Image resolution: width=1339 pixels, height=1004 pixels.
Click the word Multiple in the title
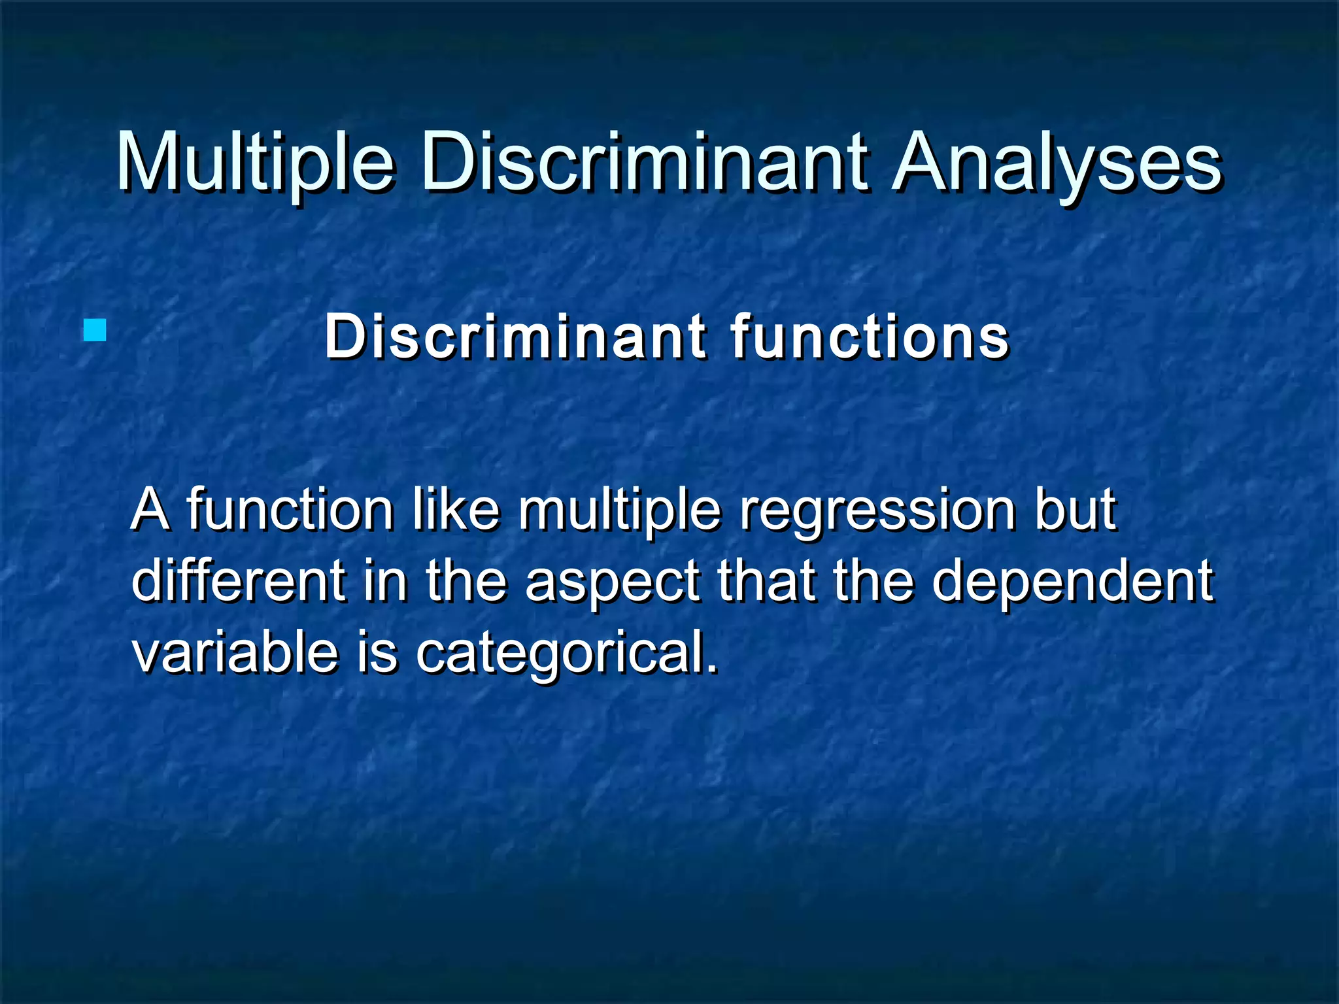point(255,161)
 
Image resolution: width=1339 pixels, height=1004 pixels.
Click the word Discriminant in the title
point(644,161)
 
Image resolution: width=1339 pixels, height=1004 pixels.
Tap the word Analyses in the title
point(1056,161)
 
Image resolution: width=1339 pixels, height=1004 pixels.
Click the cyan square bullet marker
point(95,330)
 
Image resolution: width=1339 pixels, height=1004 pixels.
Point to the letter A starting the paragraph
point(150,510)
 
